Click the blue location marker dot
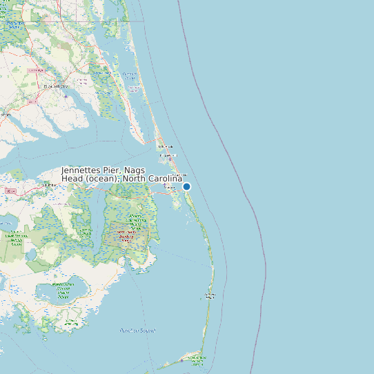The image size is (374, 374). click(186, 186)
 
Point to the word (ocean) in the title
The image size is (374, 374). click(103, 179)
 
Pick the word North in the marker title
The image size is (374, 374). click(135, 179)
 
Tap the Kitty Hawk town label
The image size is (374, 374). click(165, 146)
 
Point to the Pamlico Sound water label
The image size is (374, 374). click(137, 331)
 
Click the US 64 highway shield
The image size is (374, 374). click(10, 190)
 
